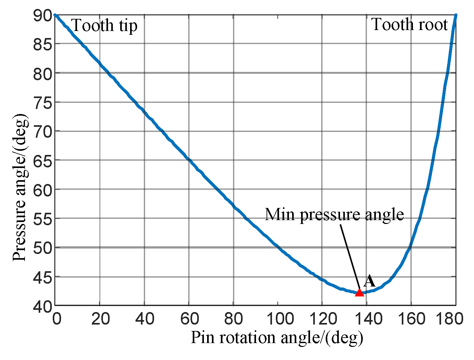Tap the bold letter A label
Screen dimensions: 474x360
pos(369,281)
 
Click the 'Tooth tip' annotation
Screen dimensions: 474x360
pos(105,26)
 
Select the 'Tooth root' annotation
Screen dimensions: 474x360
pos(409,25)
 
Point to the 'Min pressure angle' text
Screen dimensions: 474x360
pos(334,214)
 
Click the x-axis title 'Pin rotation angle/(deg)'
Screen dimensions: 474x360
pos(277,338)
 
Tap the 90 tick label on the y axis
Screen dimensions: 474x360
pos(43,15)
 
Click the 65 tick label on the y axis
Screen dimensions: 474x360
pos(43,160)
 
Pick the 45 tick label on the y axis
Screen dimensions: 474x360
pos(43,277)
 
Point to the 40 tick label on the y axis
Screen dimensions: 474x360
pos(43,306)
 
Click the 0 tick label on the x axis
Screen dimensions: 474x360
pos(57,319)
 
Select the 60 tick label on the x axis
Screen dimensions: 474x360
pos(190,319)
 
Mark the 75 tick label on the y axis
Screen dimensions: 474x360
pos(43,103)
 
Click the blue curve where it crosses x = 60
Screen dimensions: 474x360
pos(189,159)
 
